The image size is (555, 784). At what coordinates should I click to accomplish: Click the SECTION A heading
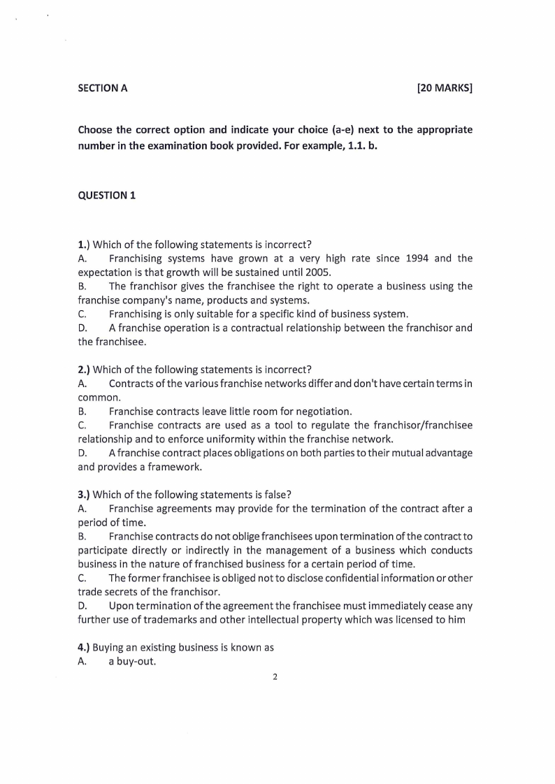(x=103, y=88)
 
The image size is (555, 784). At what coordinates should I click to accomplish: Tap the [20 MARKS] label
(x=445, y=88)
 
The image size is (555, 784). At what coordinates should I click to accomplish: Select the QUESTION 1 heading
(x=107, y=196)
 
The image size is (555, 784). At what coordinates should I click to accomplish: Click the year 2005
(x=317, y=273)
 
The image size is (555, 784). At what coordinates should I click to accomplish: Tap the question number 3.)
(x=84, y=495)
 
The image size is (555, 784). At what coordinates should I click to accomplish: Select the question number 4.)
(x=84, y=648)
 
